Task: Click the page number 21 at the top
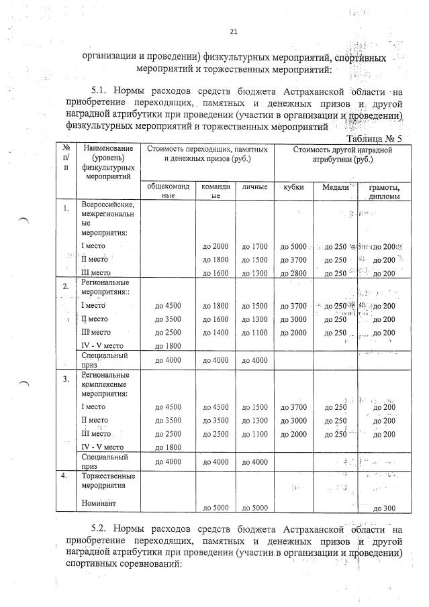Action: [x=234, y=32]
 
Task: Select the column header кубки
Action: [x=294, y=187]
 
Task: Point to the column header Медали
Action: [x=335, y=187]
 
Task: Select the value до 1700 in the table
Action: [x=254, y=246]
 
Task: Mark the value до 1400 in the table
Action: [x=216, y=333]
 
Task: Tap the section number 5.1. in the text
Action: [x=102, y=91]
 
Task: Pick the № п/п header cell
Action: [x=65, y=158]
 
